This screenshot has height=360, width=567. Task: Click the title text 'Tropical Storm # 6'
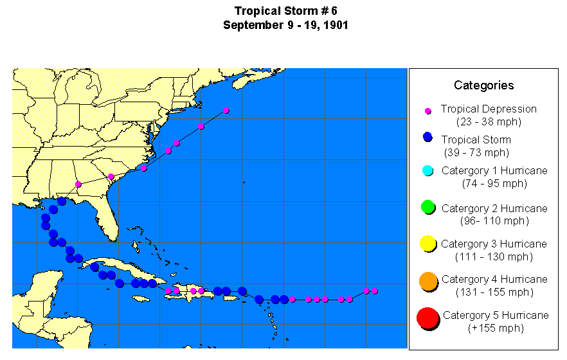pyautogui.click(x=285, y=11)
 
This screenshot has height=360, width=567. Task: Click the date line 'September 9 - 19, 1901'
pyautogui.click(x=285, y=25)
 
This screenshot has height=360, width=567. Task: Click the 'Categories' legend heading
pyautogui.click(x=483, y=85)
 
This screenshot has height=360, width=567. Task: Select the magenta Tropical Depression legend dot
pyautogui.click(x=428, y=111)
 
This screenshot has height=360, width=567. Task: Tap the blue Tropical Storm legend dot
pyautogui.click(x=428, y=137)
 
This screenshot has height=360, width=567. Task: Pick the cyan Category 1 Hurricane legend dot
pyautogui.click(x=428, y=170)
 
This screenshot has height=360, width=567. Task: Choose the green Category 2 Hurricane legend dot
pyautogui.click(x=428, y=207)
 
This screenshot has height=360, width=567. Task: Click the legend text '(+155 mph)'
pyautogui.click(x=496, y=328)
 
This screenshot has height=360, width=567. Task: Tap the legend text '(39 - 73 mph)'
pyautogui.click(x=476, y=152)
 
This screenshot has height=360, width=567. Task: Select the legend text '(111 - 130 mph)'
pyautogui.click(x=494, y=257)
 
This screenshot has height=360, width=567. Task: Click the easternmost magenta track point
pyautogui.click(x=375, y=291)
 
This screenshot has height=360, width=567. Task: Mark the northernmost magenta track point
pyautogui.click(x=226, y=111)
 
